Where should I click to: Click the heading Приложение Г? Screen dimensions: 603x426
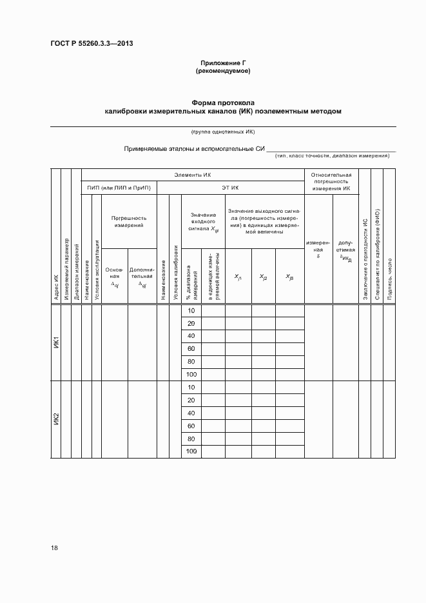click(223, 63)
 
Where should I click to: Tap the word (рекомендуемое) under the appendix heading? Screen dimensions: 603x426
click(223, 71)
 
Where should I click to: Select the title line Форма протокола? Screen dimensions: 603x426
click(223, 103)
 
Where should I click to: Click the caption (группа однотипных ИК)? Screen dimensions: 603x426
click(223, 132)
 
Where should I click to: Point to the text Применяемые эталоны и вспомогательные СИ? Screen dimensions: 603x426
click(195, 149)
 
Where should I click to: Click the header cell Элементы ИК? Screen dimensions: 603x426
click(193, 175)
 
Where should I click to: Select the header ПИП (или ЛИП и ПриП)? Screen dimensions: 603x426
click(119, 188)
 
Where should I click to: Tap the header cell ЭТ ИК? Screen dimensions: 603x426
click(230, 188)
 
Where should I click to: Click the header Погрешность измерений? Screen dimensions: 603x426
click(130, 222)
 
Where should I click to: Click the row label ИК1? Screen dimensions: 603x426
click(56, 342)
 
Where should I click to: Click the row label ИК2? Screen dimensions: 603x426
click(56, 420)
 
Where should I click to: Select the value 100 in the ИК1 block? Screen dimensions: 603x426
click(191, 375)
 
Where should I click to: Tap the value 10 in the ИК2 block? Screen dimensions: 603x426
click(191, 388)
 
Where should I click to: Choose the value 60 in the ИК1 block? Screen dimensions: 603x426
click(191, 349)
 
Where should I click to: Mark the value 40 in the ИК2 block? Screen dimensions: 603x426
click(191, 413)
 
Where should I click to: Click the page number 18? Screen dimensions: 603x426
click(55, 548)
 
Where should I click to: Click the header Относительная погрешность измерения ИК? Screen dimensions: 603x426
click(331, 182)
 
